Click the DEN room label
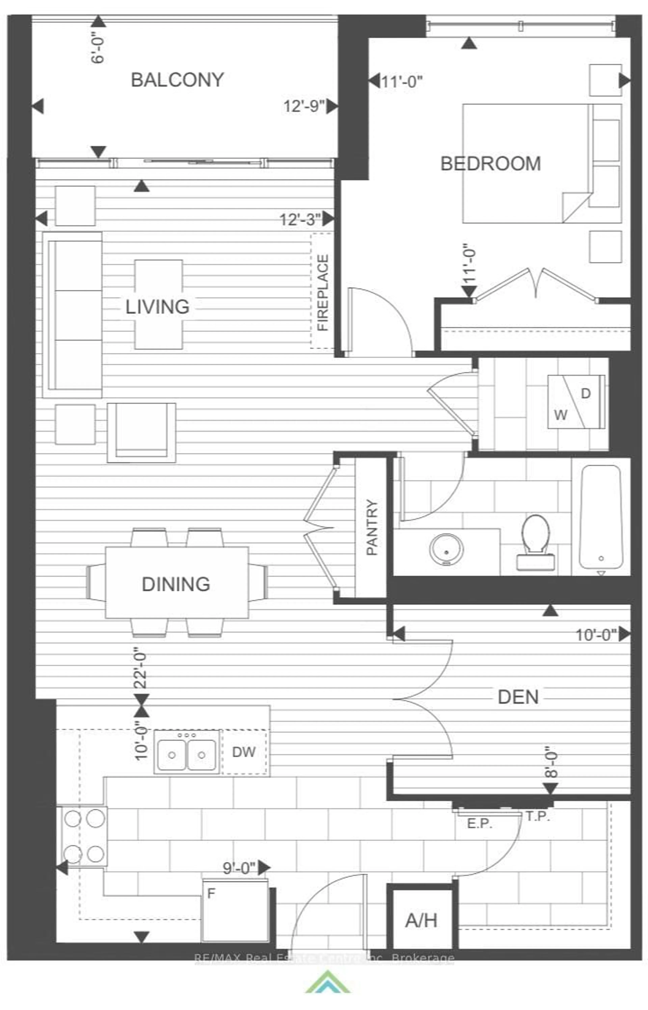pos(518,697)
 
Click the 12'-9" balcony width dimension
pos(304,106)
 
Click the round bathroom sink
pos(447,549)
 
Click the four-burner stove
pos(84,836)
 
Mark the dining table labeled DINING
pos(176,584)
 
